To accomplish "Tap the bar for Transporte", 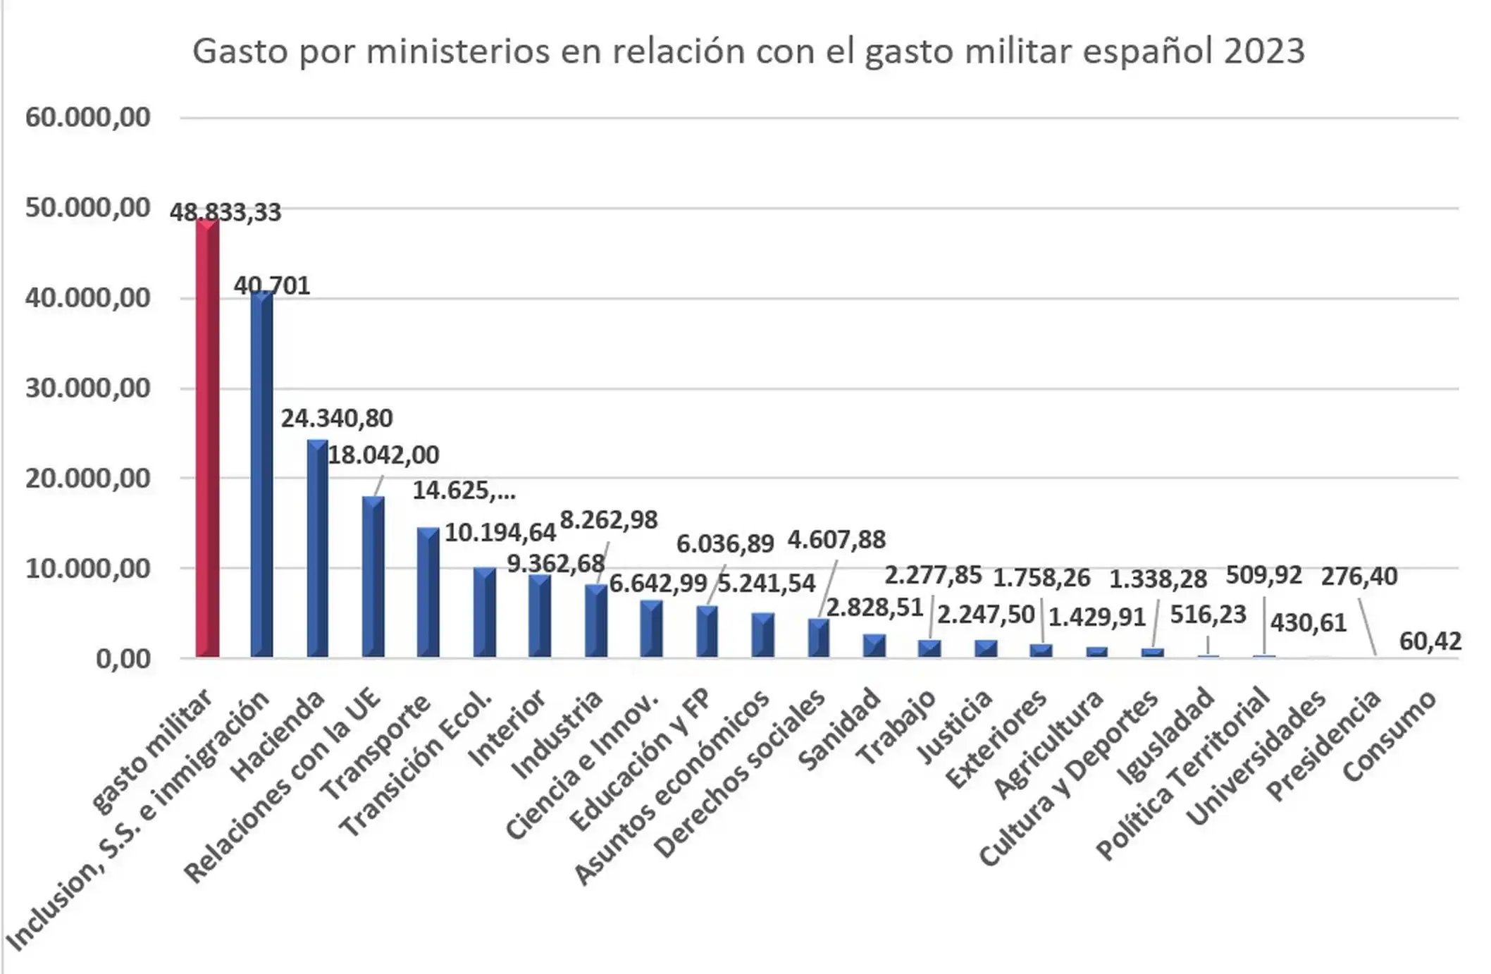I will pos(428,592).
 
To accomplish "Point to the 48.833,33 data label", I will pos(225,212).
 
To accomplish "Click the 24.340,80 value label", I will pos(336,419).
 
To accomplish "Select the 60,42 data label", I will pos(1430,641).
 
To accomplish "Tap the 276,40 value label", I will pos(1359,577).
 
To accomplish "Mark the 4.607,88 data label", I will pos(836,540).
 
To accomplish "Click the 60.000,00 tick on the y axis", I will pos(87,117).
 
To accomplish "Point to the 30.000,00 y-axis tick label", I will pos(87,388).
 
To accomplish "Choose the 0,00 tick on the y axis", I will pos(123,659).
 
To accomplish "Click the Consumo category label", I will pos(1390,736).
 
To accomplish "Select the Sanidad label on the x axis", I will pos(840,729).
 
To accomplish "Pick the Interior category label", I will pos(507,728).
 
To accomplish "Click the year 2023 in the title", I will pos(1264,51).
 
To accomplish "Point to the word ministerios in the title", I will pos(458,51).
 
